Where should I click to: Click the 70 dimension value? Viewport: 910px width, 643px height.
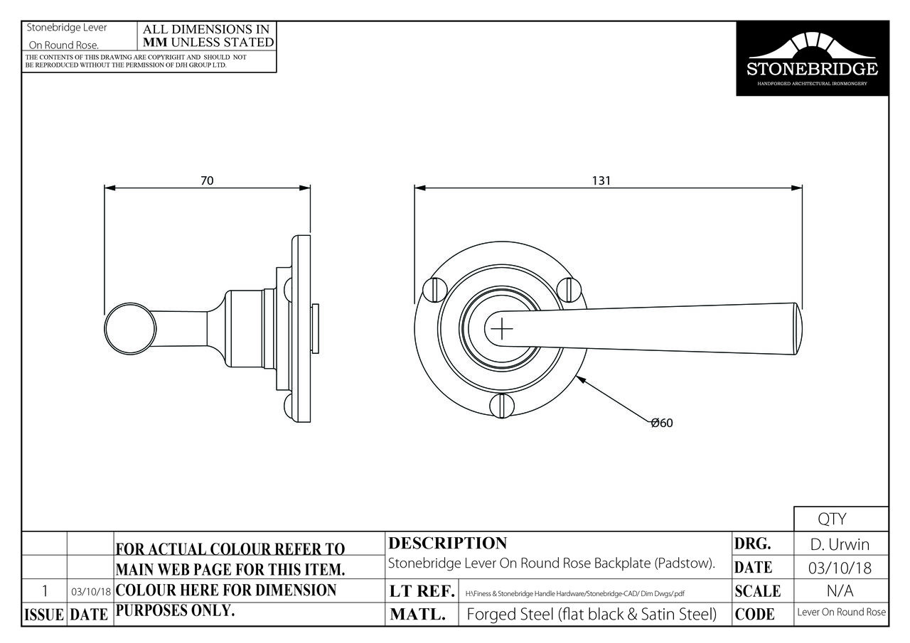207,180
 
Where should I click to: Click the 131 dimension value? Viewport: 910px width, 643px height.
601,180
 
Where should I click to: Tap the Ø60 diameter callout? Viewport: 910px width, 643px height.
662,423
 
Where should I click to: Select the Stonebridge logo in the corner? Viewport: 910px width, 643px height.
813,58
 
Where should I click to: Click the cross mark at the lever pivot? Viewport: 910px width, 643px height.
502,328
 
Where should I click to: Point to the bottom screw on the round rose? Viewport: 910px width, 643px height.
502,405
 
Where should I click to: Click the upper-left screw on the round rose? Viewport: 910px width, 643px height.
435,290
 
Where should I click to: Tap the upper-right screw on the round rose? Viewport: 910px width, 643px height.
569,290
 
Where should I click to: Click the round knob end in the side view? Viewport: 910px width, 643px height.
130,328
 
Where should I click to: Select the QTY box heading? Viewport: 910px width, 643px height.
832,519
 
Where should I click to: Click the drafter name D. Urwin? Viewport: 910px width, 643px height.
840,544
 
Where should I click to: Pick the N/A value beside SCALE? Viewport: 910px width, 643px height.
840,591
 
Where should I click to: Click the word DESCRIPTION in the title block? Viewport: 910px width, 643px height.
448,543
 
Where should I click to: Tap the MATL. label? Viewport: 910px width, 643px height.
417,614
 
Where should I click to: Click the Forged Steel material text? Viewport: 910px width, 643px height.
591,614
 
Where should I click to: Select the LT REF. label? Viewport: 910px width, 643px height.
422,591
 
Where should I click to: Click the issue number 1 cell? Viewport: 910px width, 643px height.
45,591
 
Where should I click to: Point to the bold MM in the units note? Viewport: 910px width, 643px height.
155,42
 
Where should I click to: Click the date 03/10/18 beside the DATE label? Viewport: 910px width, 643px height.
840,568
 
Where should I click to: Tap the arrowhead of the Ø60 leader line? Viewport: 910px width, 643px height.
581,380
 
